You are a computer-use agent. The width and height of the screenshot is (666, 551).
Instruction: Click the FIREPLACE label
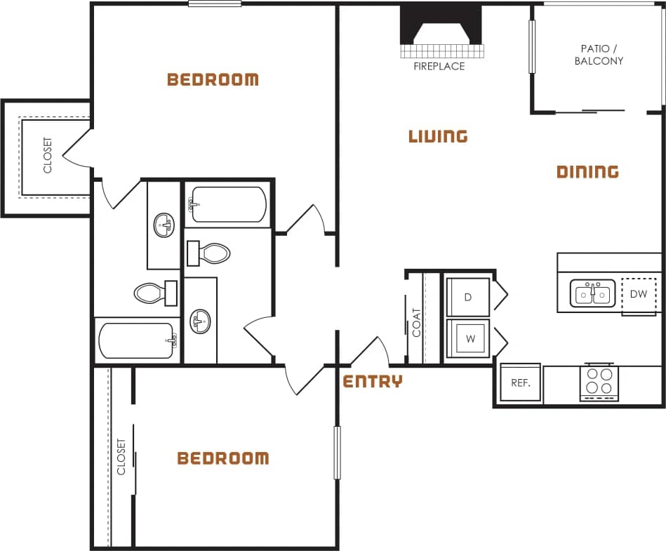tap(439, 66)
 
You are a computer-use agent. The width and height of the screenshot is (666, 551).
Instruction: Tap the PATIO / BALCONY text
tap(599, 55)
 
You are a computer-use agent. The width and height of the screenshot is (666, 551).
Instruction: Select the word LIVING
tap(438, 136)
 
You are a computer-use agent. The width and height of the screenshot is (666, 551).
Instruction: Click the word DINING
tap(587, 172)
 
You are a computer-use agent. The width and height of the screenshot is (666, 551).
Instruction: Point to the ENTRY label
tap(373, 382)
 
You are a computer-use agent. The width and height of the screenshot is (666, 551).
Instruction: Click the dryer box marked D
tap(468, 296)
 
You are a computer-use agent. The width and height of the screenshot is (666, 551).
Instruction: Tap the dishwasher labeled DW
tap(638, 294)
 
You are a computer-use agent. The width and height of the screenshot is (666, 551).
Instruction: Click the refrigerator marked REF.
tap(520, 383)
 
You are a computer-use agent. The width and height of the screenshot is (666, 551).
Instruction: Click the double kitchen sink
tap(592, 294)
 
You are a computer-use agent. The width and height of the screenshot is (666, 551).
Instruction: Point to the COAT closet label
tap(416, 322)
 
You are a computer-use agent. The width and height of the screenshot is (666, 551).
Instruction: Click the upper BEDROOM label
tap(213, 79)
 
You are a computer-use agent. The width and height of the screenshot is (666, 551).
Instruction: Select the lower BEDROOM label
tap(222, 458)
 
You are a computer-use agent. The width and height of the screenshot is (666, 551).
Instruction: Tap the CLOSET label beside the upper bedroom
tap(48, 155)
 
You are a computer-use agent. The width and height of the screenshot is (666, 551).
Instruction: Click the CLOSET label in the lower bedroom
tap(121, 456)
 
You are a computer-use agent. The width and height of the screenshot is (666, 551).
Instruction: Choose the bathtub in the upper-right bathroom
tap(228, 204)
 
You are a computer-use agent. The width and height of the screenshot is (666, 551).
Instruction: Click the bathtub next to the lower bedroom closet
tap(136, 340)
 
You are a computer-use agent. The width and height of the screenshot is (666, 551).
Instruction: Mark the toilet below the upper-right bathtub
tap(211, 253)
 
